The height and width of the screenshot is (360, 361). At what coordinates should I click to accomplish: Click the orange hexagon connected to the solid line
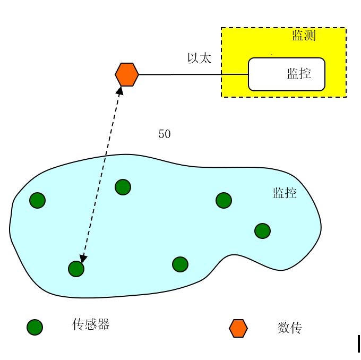point(127,74)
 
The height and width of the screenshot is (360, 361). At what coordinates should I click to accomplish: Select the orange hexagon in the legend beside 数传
point(238,328)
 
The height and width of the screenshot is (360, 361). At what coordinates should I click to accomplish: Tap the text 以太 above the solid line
point(199,58)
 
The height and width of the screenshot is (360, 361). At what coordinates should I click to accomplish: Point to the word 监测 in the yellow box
point(304,36)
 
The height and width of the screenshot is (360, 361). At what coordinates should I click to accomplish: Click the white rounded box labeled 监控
point(287,74)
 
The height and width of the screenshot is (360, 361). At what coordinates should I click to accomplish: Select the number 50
point(165,134)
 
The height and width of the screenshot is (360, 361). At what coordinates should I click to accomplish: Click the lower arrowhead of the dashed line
point(83,258)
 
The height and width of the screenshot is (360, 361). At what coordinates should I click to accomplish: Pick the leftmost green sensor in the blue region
point(37,200)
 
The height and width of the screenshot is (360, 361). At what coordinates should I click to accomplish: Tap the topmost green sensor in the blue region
point(123,187)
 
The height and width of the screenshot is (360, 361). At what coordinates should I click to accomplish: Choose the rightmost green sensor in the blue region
point(262,231)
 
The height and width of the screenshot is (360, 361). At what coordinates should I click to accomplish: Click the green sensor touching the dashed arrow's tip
point(76,269)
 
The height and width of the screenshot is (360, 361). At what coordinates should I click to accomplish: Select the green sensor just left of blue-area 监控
point(224,200)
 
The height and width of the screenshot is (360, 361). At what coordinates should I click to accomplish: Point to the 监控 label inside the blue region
point(285,193)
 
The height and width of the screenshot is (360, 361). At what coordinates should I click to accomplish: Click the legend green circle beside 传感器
point(35,327)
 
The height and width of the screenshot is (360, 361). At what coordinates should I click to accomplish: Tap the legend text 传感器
point(91,324)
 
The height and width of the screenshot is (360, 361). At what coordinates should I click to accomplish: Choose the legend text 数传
point(289,328)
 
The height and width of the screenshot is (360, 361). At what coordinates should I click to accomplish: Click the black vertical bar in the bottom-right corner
point(359,344)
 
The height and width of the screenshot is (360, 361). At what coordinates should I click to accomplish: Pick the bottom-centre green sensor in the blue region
point(180,264)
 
